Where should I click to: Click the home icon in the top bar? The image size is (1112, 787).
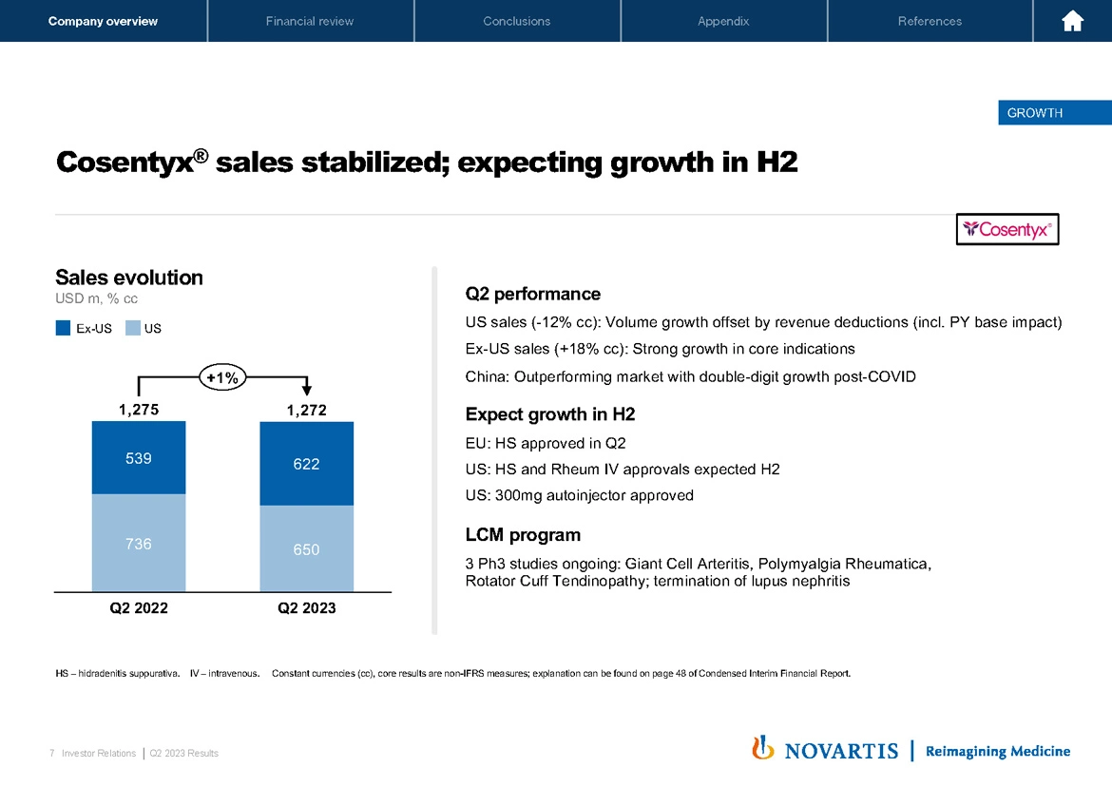click(1073, 21)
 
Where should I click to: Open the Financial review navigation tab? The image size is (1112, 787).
click(310, 21)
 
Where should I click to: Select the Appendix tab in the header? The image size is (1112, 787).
click(723, 21)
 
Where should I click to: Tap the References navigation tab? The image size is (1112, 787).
click(930, 21)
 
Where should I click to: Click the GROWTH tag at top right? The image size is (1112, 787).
click(1035, 113)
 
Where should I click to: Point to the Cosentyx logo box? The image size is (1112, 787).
click(1007, 229)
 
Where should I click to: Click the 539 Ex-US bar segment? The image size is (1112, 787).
click(139, 458)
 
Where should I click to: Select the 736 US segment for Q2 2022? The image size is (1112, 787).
click(139, 544)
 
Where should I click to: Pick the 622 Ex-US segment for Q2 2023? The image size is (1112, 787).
click(306, 464)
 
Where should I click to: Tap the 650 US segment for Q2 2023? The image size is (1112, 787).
click(306, 549)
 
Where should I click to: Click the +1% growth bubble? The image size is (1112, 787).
click(222, 377)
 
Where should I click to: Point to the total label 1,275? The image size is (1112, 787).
click(139, 410)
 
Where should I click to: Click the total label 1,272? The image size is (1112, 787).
click(306, 410)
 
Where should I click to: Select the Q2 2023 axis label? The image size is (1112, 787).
click(306, 608)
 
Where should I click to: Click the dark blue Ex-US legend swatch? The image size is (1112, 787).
click(64, 329)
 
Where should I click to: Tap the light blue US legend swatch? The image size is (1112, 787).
click(132, 329)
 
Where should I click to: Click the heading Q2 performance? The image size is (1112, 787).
click(532, 294)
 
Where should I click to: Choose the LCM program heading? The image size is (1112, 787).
click(523, 534)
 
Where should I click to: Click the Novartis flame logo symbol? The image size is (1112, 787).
click(761, 749)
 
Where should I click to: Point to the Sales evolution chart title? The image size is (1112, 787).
click(129, 278)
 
